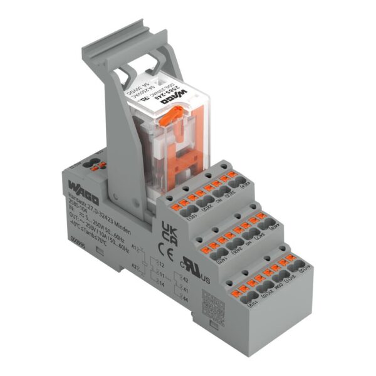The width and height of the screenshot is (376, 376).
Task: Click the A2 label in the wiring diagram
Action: point(133,266)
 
